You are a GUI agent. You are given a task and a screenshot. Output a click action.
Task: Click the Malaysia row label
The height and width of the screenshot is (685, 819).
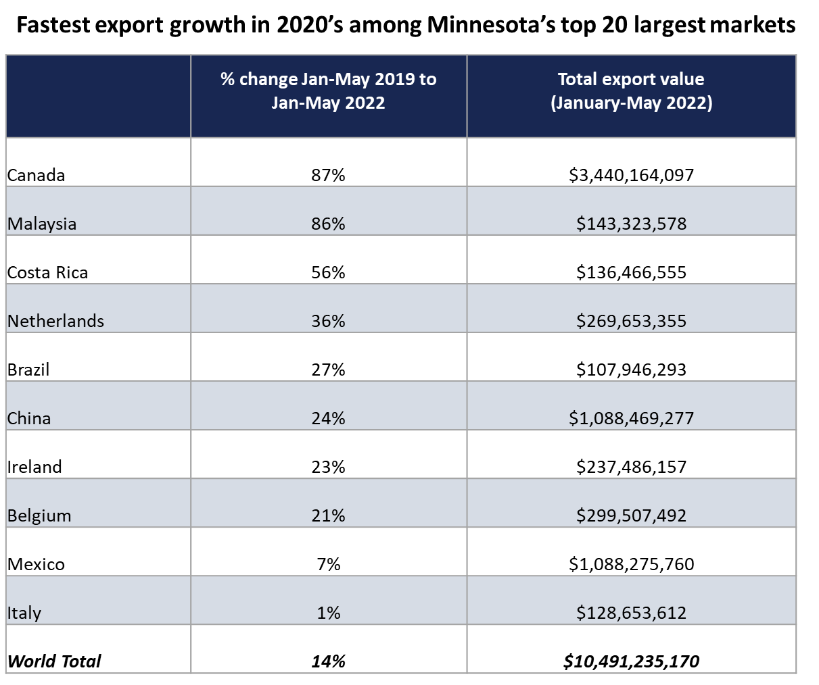42,224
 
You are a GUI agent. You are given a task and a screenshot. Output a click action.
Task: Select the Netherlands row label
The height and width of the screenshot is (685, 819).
55,321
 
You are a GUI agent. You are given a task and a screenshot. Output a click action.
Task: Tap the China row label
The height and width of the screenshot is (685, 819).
29,418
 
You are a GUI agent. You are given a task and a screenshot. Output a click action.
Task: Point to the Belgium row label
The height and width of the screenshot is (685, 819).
39,515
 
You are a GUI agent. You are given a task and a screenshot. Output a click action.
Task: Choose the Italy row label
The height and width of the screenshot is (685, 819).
24,613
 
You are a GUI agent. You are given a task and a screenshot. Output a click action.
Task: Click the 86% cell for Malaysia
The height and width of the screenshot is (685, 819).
329,224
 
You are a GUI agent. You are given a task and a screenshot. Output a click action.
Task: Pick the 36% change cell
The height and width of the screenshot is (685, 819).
329,321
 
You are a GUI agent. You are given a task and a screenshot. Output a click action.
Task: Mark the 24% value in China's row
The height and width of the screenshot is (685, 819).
329,418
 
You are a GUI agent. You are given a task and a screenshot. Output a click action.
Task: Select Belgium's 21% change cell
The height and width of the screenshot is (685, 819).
329,515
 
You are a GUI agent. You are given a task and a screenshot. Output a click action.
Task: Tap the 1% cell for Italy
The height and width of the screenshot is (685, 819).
329,613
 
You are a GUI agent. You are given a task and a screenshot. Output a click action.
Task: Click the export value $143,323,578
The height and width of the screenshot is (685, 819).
631,224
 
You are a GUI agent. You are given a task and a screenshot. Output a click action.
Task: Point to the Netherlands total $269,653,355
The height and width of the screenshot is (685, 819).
631,321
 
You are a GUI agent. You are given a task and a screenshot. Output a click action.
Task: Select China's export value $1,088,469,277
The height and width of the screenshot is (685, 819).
631,418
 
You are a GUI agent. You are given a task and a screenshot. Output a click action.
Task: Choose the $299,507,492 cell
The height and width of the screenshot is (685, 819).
631,515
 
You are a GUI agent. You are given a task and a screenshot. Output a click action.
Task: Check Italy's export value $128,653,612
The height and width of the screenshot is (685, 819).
631,613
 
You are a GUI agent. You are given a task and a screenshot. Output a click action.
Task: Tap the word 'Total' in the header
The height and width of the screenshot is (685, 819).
577,80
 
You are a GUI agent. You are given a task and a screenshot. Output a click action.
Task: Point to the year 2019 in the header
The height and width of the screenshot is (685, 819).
395,80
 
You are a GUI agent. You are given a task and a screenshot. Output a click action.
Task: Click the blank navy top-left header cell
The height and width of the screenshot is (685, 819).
98,96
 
